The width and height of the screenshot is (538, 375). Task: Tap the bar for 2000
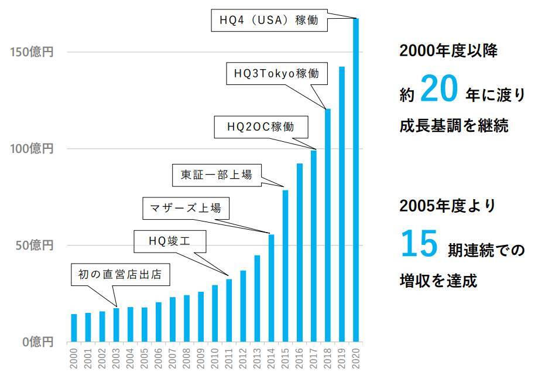74,328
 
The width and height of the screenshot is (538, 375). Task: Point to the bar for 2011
229,310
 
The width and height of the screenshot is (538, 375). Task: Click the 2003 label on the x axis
116,359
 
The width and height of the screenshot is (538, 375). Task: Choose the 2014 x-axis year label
272,359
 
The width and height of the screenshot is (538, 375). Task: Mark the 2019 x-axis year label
342,359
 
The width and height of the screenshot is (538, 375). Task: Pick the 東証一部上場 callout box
216,175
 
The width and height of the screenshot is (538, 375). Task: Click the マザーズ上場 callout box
186,207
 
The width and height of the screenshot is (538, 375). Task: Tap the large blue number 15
419,244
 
